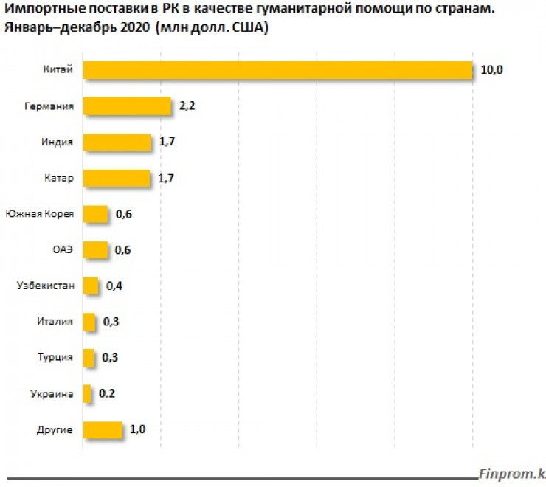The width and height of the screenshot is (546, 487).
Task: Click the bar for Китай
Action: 277,70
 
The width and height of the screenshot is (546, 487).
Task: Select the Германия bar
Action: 126,106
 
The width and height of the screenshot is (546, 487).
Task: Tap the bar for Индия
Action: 117,142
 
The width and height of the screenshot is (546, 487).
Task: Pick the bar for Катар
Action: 117,179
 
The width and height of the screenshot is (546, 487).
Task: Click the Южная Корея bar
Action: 95,215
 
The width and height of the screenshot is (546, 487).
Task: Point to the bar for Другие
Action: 103,430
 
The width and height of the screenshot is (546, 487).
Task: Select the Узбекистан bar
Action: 91,286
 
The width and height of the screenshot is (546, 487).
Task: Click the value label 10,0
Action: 491,70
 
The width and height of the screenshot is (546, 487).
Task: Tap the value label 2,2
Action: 187,106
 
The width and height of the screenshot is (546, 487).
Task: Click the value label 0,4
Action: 114,286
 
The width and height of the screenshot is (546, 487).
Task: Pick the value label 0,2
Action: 108,394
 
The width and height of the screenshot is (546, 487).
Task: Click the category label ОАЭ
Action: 62,250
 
